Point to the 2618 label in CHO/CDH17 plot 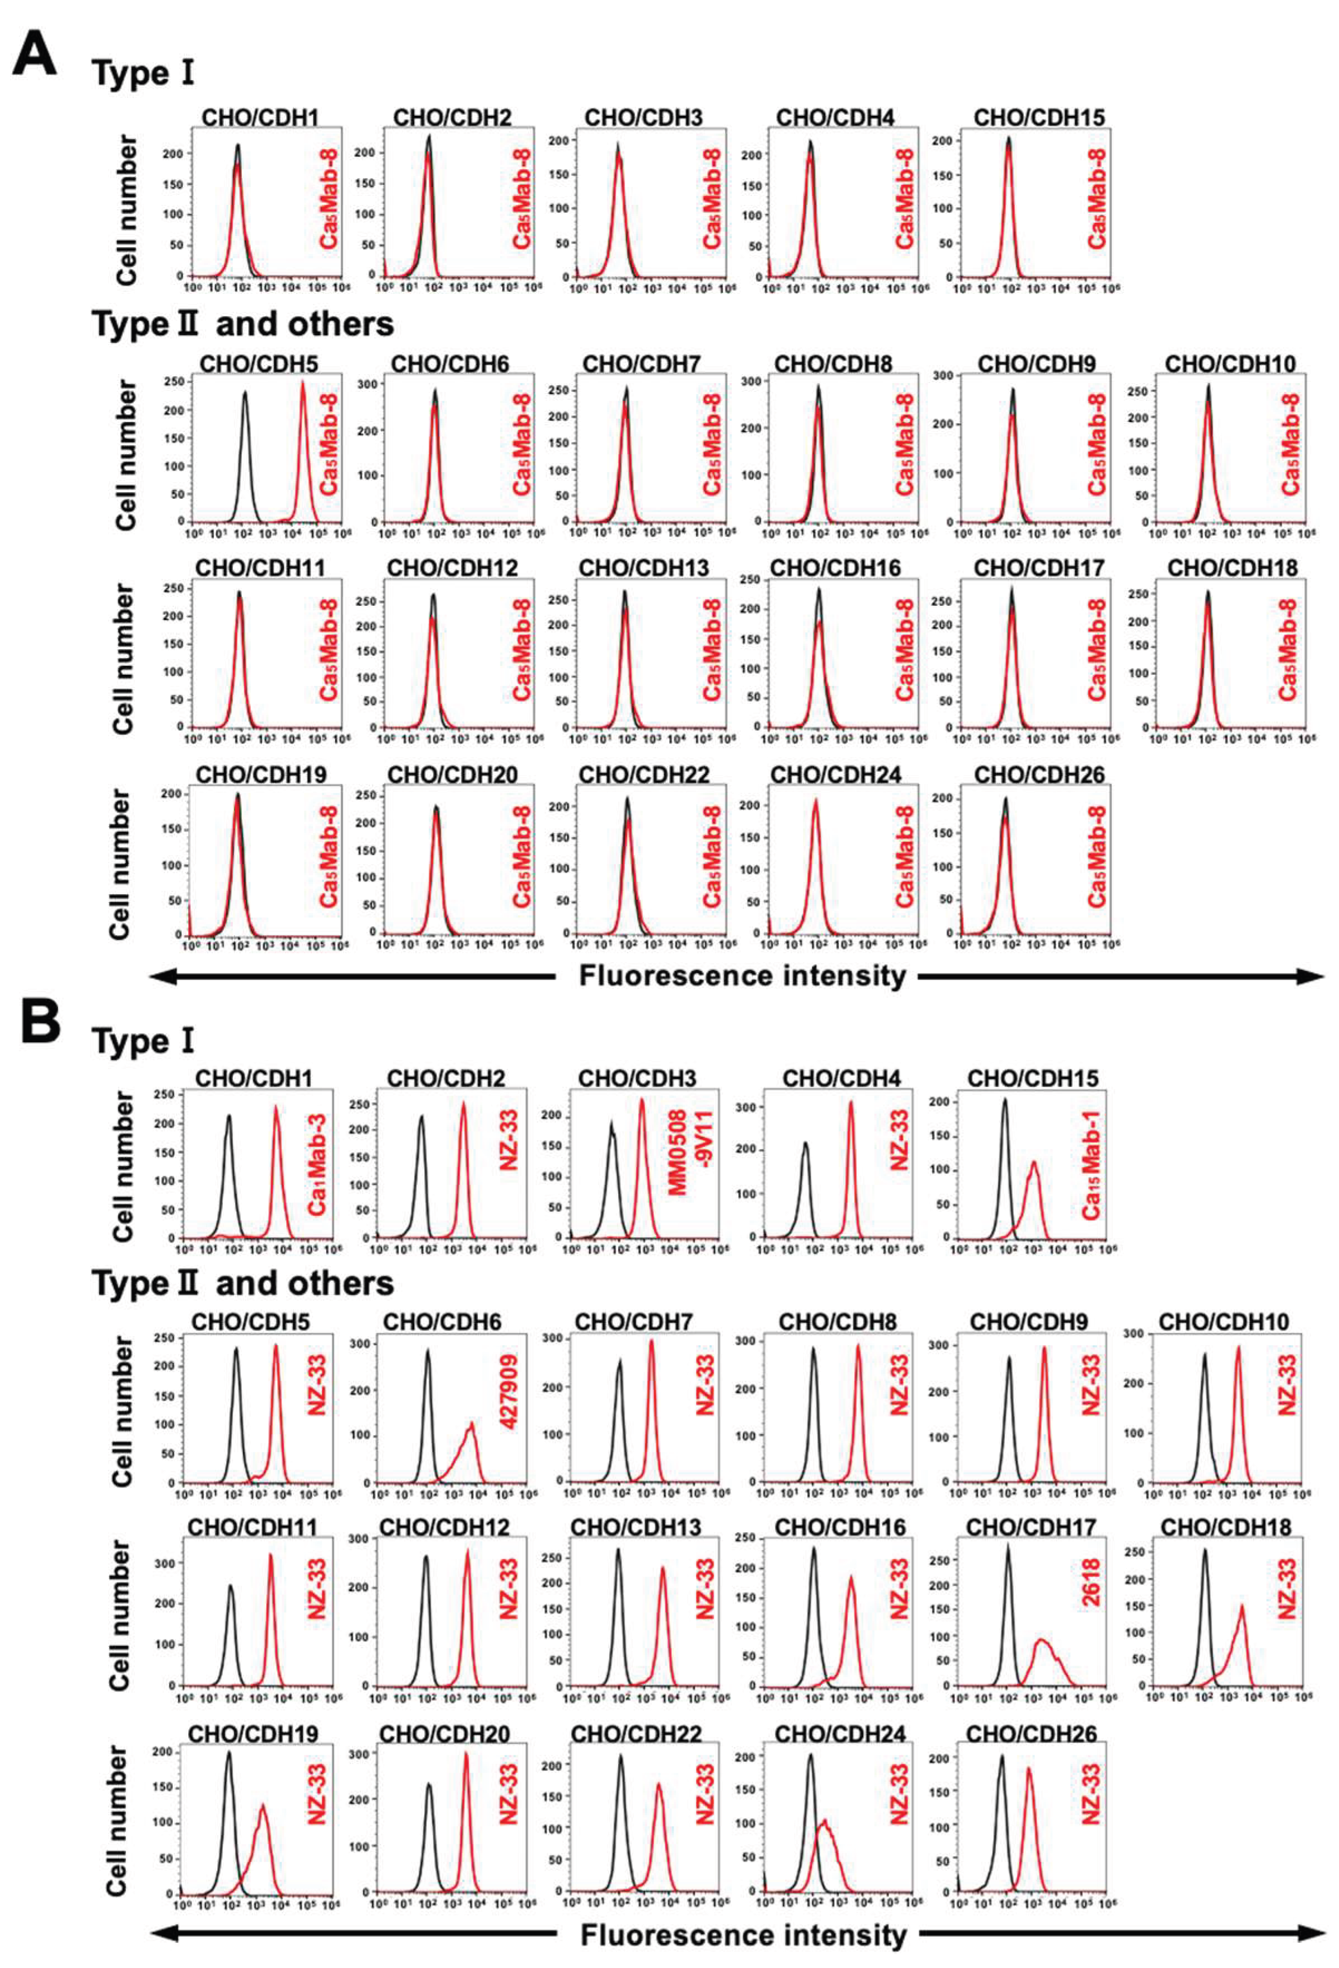[1091, 1582]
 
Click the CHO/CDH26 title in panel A [1038, 775]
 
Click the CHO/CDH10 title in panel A [1230, 364]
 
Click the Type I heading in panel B [143, 1041]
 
